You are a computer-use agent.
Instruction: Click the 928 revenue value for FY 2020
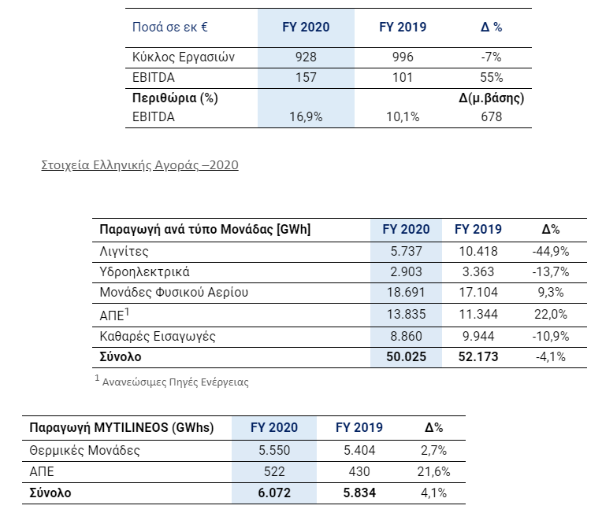point(306,57)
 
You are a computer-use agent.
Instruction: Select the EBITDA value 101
point(403,77)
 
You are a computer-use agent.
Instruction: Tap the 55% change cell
point(492,77)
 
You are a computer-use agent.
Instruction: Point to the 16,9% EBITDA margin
point(306,116)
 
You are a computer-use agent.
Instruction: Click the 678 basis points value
point(492,116)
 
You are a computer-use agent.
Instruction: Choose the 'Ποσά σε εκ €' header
point(169,28)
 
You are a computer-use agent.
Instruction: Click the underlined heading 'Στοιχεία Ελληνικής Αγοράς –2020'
point(139,164)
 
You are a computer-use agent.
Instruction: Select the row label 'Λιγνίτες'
point(124,252)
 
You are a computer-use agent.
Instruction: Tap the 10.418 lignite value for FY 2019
point(478,252)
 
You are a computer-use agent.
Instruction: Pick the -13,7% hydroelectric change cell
point(551,271)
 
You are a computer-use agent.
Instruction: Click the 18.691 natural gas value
point(406,293)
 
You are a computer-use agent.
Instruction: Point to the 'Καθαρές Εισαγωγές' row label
point(158,337)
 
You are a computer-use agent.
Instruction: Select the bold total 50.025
point(406,357)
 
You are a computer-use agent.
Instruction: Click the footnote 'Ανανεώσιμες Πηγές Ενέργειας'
point(175,382)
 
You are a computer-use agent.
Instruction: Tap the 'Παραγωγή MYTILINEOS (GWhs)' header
point(121,427)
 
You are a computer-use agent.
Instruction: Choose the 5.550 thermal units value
point(274,450)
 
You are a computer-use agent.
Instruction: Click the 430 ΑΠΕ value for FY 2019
point(359,471)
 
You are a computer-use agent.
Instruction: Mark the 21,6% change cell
point(433,471)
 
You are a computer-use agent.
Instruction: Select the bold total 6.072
point(274,493)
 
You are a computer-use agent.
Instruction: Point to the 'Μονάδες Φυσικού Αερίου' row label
point(173,293)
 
